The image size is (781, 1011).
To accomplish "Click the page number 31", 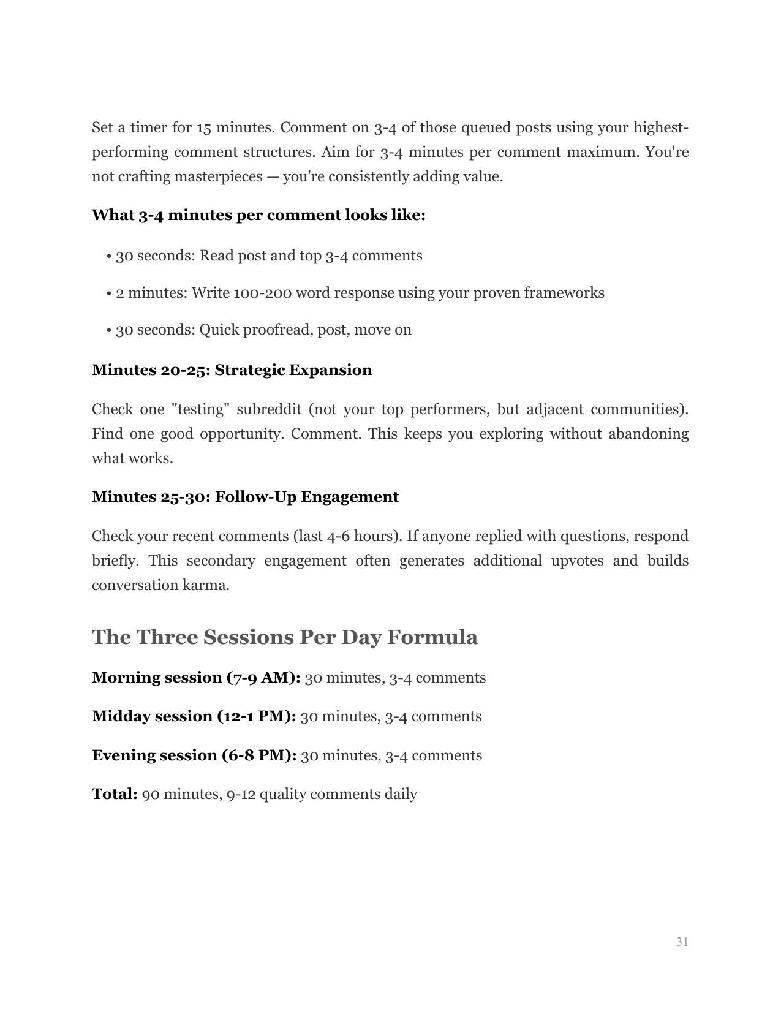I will click(x=682, y=942).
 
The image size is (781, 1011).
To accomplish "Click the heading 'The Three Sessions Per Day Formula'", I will click(x=284, y=637).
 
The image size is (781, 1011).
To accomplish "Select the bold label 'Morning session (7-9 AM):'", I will click(x=196, y=678).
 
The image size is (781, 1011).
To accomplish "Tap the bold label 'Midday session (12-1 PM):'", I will click(x=194, y=716).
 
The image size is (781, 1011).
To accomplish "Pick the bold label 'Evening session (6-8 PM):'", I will click(x=194, y=755).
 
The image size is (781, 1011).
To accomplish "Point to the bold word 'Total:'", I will click(x=115, y=794).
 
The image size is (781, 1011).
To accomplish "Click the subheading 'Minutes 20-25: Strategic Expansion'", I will click(x=232, y=370).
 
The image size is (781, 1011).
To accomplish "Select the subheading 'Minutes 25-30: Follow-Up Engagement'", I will click(x=245, y=497).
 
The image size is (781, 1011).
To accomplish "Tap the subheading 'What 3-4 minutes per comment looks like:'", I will click(x=258, y=215).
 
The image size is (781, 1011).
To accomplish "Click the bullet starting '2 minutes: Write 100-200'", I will click(x=360, y=293).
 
